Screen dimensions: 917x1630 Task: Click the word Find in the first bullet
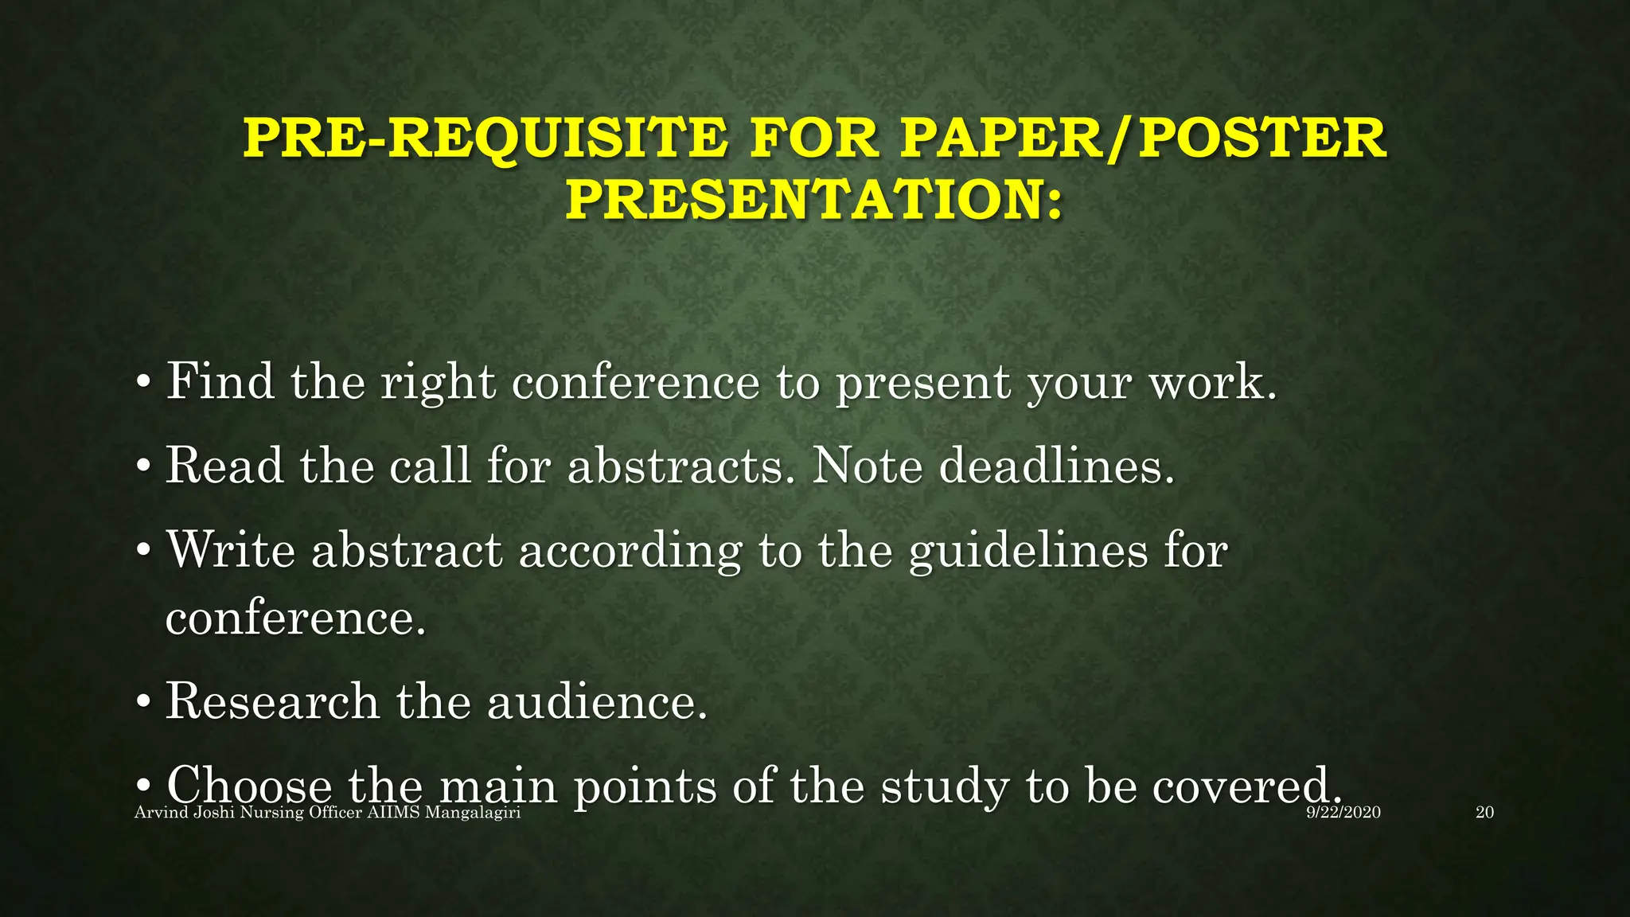pyautogui.click(x=220, y=381)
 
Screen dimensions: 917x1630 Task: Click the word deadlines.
pyautogui.click(x=1057, y=465)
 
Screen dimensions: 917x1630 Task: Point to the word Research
pyautogui.click(x=272, y=701)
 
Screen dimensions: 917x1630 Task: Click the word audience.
pyautogui.click(x=597, y=701)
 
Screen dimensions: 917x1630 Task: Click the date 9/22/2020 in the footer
pyautogui.click(x=1343, y=813)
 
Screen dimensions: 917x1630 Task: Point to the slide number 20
pyautogui.click(x=1484, y=813)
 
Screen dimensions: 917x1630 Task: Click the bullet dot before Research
pyautogui.click(x=143, y=703)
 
